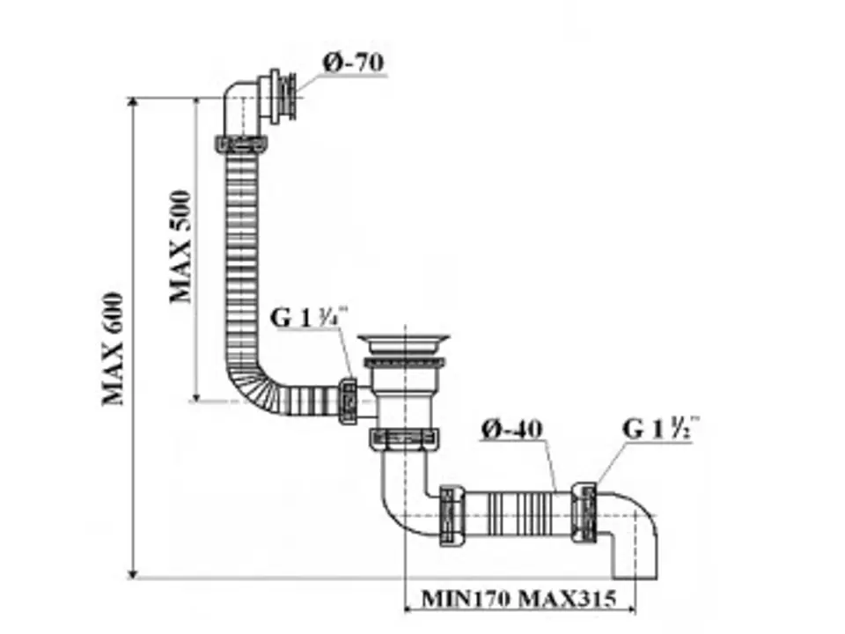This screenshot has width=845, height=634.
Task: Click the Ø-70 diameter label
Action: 354,63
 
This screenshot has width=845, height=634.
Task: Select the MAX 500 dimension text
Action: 181,247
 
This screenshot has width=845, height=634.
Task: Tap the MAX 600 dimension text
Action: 114,349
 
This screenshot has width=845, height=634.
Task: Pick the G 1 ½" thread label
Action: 661,428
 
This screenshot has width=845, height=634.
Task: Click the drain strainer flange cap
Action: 404,342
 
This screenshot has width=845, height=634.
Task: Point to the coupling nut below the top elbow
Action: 241,144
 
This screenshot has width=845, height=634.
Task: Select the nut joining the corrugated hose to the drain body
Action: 349,402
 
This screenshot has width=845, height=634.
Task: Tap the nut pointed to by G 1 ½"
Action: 584,512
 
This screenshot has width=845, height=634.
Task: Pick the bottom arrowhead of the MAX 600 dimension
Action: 133,573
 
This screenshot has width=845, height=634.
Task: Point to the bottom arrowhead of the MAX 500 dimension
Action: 197,396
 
